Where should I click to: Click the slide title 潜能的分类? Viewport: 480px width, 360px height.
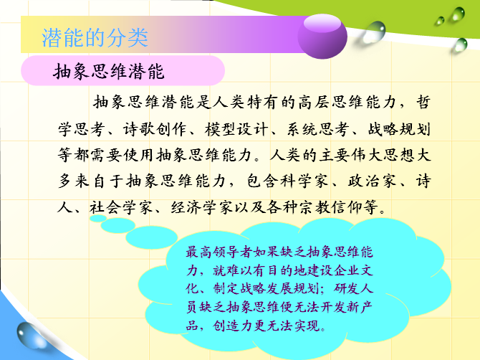pyautogui.click(x=95, y=38)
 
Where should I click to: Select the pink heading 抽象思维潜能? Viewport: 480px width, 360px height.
pyautogui.click(x=109, y=72)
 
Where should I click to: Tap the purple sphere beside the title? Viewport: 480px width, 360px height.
pyautogui.click(x=322, y=37)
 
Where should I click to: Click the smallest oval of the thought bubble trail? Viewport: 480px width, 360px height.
pyautogui.click(x=98, y=218)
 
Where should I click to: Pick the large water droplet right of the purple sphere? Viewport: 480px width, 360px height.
pyautogui.click(x=374, y=32)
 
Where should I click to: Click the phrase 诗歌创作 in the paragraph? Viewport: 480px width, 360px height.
pyautogui.click(x=155, y=129)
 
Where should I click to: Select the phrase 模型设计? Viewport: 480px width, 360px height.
pyautogui.click(x=236, y=129)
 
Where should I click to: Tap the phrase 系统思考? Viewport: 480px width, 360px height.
pyautogui.click(x=318, y=129)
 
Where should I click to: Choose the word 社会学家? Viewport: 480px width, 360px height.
pyautogui.click(x=121, y=207)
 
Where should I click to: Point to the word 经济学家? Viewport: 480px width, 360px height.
pyautogui.click(x=202, y=207)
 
